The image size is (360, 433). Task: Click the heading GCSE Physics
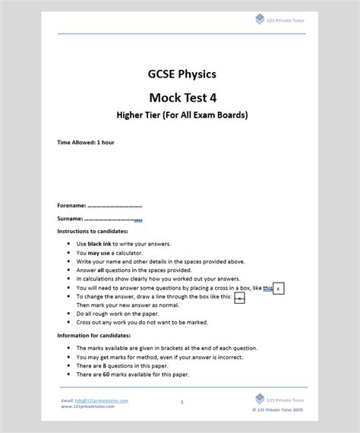click(182, 74)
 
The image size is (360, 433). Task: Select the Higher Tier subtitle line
click(182, 115)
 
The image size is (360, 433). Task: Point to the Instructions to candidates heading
click(93, 231)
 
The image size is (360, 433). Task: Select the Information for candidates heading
click(94, 335)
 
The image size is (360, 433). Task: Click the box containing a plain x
click(279, 289)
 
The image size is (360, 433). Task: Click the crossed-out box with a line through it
click(240, 299)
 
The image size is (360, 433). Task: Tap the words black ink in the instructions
click(101, 244)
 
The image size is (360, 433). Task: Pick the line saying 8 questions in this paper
click(129, 365)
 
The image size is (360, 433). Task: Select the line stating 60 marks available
click(133, 375)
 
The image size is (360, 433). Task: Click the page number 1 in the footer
click(182, 402)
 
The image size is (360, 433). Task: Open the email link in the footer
click(94, 400)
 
